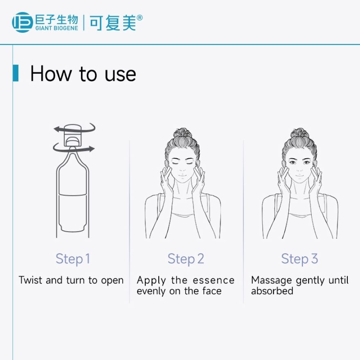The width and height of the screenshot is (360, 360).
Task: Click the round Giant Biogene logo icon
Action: (x=22, y=22)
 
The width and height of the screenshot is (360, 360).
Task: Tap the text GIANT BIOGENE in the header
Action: (x=57, y=28)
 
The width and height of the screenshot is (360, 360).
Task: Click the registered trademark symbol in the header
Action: (x=139, y=18)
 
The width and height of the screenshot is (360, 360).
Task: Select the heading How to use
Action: (x=83, y=74)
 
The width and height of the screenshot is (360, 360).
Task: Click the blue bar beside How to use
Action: (x=16, y=73)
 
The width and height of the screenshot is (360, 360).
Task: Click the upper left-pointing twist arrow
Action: (x=74, y=128)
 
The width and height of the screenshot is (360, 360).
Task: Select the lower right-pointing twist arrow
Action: (x=74, y=148)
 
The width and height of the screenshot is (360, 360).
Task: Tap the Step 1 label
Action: (x=72, y=259)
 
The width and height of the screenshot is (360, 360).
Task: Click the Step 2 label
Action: (x=186, y=259)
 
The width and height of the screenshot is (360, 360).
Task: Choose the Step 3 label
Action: (x=299, y=259)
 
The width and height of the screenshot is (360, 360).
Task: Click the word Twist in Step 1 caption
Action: (x=31, y=280)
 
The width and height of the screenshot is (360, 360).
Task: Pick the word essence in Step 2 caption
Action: (x=214, y=280)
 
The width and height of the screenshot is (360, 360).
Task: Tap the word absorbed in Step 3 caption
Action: (x=272, y=291)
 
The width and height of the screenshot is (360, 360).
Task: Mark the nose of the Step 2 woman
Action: (x=182, y=169)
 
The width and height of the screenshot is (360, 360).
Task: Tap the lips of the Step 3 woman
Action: (x=299, y=176)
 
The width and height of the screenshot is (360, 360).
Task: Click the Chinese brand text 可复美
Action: (x=112, y=23)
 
